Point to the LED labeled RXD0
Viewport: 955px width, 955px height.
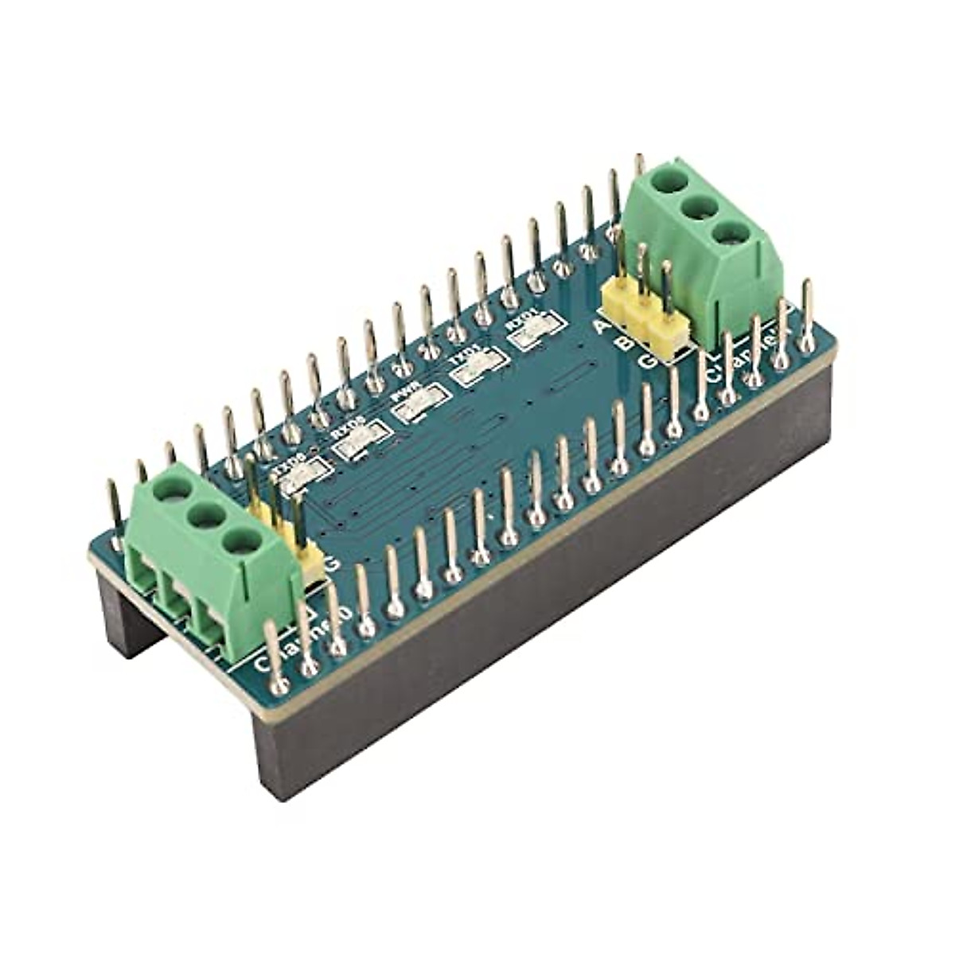358,442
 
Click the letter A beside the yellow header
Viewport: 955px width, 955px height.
602,327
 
